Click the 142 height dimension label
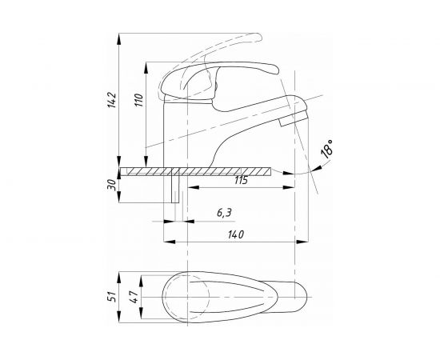point(111,100)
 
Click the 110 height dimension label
point(138,100)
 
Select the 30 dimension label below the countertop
point(111,185)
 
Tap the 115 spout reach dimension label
point(241,180)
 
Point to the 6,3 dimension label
point(224,213)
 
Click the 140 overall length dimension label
point(236,234)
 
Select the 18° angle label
point(327,149)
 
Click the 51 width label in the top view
point(112,297)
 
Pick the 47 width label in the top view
point(134,297)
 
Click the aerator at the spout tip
point(294,118)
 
